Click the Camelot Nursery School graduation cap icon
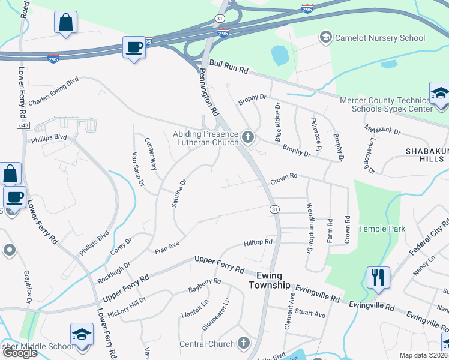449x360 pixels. (326, 38)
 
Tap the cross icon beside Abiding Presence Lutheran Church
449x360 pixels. (247, 139)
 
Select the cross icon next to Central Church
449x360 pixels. (243, 344)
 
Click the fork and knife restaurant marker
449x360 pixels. (378, 278)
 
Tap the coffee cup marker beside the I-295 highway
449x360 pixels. (133, 47)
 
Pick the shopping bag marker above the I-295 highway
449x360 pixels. (65, 23)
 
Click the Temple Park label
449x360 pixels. (382, 229)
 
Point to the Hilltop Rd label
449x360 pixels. (258, 243)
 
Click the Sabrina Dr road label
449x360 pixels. (178, 193)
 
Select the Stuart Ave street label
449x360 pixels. (310, 314)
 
